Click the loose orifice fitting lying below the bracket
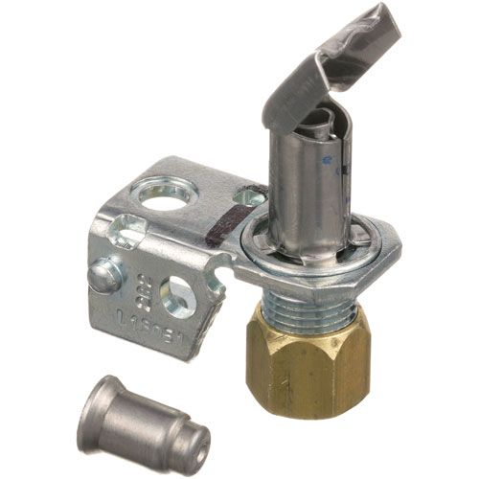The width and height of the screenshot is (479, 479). coord(145,422)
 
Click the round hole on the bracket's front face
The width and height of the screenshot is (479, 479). coord(178,298)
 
